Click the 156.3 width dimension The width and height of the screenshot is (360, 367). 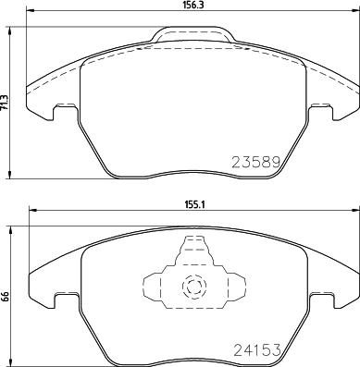tap(192, 6)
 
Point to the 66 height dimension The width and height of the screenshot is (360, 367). tap(6, 297)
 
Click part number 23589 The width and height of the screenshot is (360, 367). tap(254, 162)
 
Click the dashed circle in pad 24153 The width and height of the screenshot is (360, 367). tap(193, 287)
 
